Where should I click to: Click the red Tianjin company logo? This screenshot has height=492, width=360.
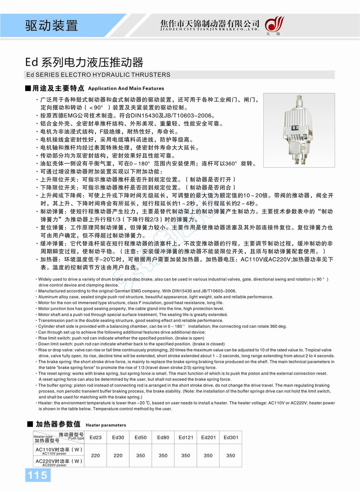tap(274, 25)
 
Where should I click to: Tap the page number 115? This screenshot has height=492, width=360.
tap(37, 475)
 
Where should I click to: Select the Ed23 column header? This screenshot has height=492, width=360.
tap(95, 437)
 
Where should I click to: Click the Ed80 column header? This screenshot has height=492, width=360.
tap(163, 437)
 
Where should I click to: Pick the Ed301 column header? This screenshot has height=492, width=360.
tap(231, 437)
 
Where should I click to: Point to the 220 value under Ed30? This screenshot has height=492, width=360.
tap(118, 455)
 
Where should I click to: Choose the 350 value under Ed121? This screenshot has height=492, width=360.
tap(186, 455)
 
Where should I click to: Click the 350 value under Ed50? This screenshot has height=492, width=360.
tap(141, 455)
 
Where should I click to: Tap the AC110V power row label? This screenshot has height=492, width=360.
tap(59, 451)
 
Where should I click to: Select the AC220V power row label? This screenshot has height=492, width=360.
tap(59, 462)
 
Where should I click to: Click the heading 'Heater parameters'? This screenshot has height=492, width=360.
tap(106, 425)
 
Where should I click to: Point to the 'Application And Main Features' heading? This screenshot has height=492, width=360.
tap(126, 88)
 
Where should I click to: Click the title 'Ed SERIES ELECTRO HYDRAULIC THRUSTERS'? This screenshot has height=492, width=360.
tap(98, 75)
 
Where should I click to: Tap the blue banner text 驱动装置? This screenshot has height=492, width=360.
tap(51, 25)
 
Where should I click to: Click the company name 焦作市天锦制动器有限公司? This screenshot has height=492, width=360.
tap(210, 24)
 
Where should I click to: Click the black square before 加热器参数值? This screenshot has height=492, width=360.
tap(30, 424)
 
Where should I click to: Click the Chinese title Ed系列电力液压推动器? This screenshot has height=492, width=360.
tap(84, 62)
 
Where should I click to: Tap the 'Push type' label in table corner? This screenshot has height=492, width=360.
tap(76, 438)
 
